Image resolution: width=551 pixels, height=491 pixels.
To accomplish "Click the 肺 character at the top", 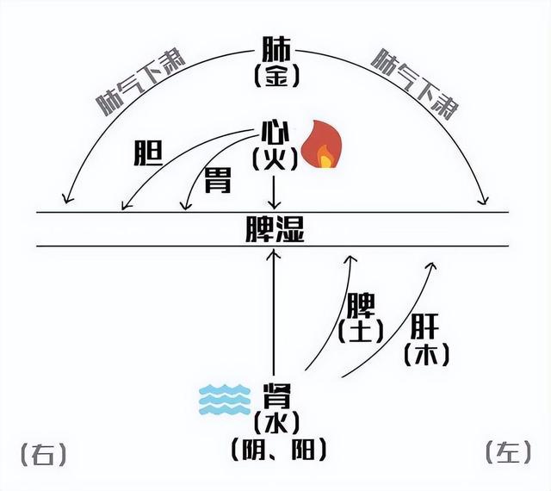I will tap(275, 47).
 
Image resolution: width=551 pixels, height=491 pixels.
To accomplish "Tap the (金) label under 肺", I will tap(275, 76).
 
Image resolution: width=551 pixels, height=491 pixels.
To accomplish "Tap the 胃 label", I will tap(216, 179).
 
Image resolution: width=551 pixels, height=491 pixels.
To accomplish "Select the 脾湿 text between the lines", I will tap(275, 228).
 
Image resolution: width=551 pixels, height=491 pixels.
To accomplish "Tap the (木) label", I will tap(425, 353).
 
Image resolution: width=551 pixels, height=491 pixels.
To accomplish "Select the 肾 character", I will tap(275, 397).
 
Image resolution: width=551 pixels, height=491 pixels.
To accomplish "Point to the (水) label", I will tap(275, 423).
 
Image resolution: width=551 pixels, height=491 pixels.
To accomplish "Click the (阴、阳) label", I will tap(275, 449).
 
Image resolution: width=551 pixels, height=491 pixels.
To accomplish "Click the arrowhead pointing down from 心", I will tap(274, 204).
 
